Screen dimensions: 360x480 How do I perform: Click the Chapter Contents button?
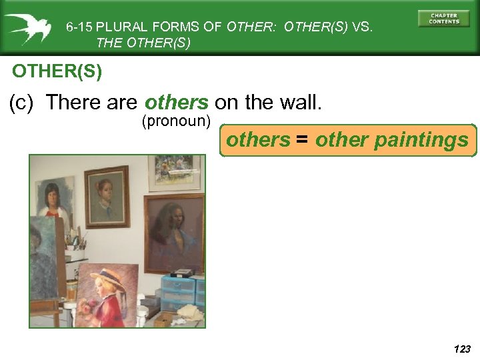coord(444,18)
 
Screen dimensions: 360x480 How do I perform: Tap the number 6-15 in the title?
coord(79,27)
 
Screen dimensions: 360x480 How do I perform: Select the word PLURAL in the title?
coord(122,27)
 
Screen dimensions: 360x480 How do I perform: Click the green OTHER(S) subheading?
coord(57,71)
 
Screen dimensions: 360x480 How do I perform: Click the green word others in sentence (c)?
coord(177,102)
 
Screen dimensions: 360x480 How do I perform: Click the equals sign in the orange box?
coord(303,140)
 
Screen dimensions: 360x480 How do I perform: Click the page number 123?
coord(461,349)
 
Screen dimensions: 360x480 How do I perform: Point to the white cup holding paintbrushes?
coord(77,253)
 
